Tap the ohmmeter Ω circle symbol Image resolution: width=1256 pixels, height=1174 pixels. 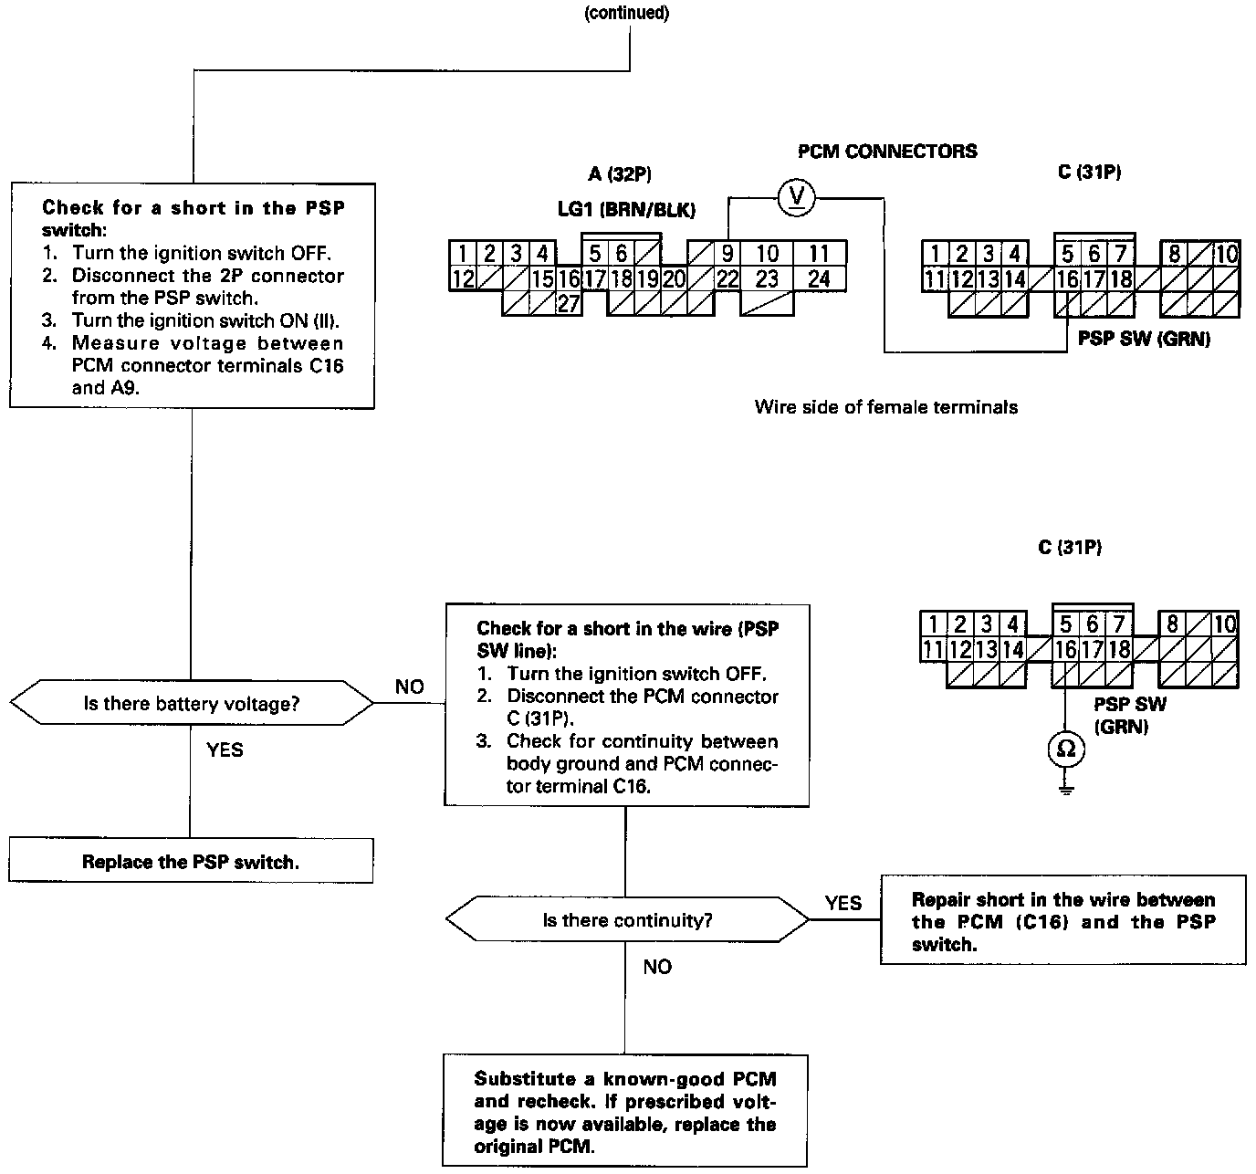(x=1065, y=749)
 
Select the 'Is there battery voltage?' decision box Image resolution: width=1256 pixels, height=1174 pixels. (x=191, y=704)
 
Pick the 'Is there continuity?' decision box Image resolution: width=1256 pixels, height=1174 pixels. (x=626, y=920)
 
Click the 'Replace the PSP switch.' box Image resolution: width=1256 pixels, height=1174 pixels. (x=191, y=861)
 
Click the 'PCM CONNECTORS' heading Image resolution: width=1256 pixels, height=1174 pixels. (x=886, y=152)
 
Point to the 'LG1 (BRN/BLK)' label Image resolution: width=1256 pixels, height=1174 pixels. (x=626, y=210)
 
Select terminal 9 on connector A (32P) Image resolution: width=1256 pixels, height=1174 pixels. (x=728, y=253)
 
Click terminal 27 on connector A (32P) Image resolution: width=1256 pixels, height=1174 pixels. (x=568, y=304)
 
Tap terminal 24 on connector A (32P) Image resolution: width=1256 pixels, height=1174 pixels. (x=819, y=278)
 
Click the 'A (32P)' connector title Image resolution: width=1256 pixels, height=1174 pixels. (x=620, y=173)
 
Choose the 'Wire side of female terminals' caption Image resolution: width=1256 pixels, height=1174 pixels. (x=885, y=407)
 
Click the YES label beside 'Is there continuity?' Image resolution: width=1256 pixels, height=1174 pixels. (x=843, y=903)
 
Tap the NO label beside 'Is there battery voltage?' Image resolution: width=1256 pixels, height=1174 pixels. (x=409, y=687)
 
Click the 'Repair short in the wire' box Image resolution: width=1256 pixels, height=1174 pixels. (x=1062, y=921)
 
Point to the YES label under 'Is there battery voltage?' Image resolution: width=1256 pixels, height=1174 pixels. (x=225, y=749)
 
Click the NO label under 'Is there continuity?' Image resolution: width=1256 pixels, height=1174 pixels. (x=657, y=967)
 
